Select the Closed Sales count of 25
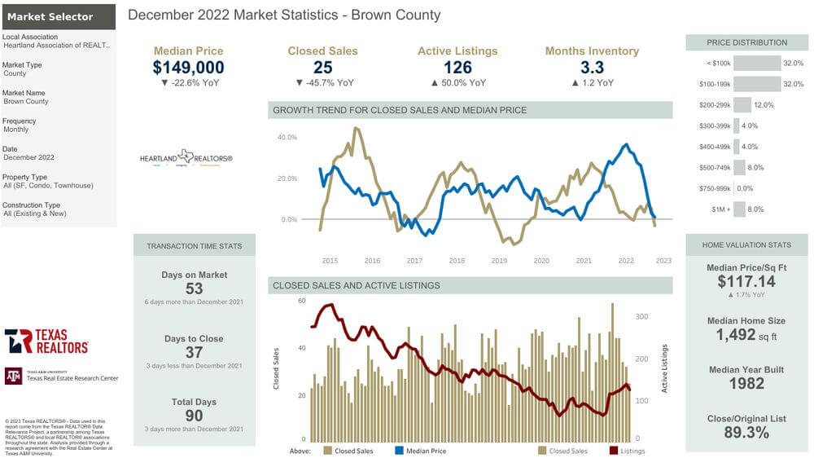[323, 68]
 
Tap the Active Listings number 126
[458, 68]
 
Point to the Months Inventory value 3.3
[592, 68]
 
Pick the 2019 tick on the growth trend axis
[498, 261]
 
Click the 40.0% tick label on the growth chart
[287, 138]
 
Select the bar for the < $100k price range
[757, 63]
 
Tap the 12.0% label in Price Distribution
[764, 105]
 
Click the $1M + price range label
[720, 210]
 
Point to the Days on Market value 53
[194, 288]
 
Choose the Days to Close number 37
[194, 352]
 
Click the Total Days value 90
[194, 416]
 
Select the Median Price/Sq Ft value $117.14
[746, 281]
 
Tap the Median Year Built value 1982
[746, 384]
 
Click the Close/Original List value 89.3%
[746, 433]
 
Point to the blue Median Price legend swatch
[399, 450]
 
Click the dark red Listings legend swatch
[613, 450]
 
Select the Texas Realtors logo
[46, 341]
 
